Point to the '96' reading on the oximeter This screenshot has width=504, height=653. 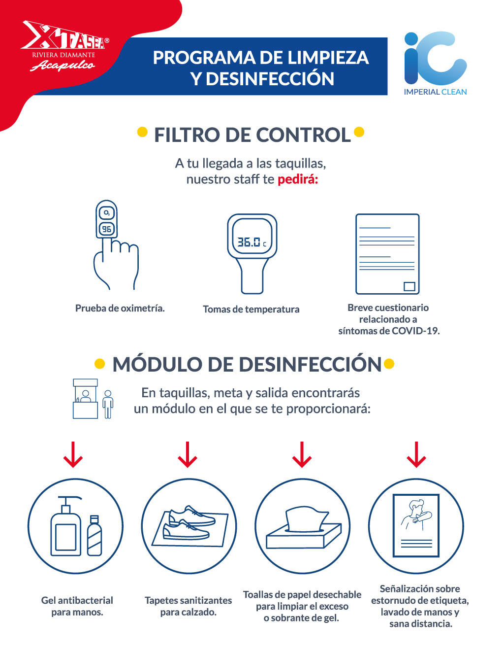106,229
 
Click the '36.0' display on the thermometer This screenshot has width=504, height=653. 249,241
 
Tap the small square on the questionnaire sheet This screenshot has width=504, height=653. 409,286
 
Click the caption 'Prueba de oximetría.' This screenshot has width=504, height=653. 120,308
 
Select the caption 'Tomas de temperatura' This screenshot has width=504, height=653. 251,309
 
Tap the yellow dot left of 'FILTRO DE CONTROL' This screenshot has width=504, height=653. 142,132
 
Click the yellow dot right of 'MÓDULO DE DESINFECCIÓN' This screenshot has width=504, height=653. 389,363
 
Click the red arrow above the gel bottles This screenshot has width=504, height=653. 73,454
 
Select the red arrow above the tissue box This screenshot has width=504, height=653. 302,454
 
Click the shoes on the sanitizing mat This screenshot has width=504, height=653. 189,522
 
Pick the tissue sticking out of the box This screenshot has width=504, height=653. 306,519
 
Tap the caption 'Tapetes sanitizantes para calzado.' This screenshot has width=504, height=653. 189,606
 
